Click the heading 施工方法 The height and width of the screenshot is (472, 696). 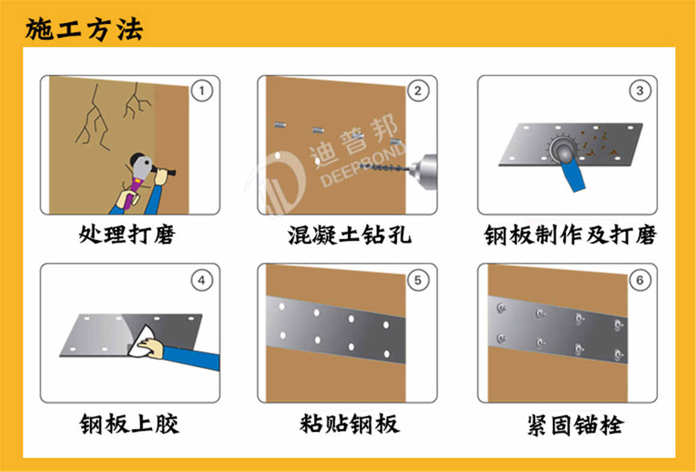pyautogui.click(x=84, y=29)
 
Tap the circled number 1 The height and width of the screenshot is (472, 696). pyautogui.click(x=202, y=91)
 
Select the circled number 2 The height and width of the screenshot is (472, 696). pyautogui.click(x=418, y=91)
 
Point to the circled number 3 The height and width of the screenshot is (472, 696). pyautogui.click(x=639, y=91)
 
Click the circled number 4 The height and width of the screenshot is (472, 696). pyautogui.click(x=202, y=280)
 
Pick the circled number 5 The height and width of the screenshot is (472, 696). pyautogui.click(x=418, y=280)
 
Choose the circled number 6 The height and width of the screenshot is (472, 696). pyautogui.click(x=639, y=280)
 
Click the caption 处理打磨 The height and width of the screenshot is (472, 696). pyautogui.click(x=127, y=234)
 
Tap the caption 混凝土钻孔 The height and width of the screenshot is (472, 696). pyautogui.click(x=349, y=234)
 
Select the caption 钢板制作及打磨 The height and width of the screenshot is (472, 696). pyautogui.click(x=570, y=235)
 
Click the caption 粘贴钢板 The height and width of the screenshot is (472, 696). pyautogui.click(x=349, y=423)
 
